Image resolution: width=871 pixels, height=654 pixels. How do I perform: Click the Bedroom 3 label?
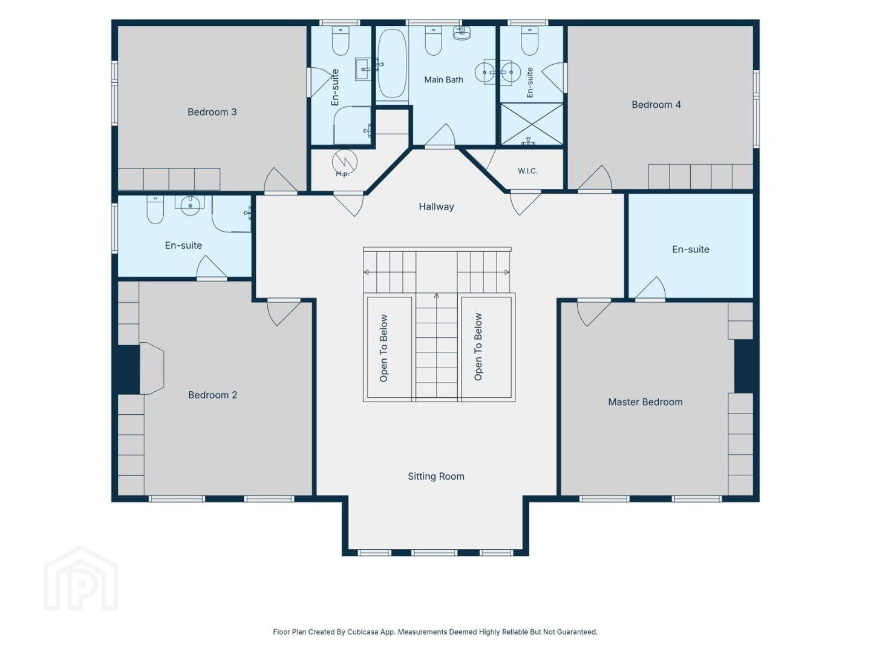coord(212,112)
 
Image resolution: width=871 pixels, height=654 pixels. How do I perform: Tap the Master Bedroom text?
coord(645,402)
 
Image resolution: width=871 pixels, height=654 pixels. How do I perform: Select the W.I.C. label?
coord(527,171)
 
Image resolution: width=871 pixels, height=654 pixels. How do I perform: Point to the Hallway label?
coord(436,206)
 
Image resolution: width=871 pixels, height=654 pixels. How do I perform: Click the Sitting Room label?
coord(435,476)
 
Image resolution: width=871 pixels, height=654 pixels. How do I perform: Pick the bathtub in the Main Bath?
coord(392,63)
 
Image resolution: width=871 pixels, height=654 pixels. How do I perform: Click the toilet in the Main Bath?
coord(433,41)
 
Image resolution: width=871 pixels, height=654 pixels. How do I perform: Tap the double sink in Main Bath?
coord(497,73)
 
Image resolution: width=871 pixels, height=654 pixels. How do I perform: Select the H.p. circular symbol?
coord(344,162)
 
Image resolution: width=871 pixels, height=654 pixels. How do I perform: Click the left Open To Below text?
coord(383,348)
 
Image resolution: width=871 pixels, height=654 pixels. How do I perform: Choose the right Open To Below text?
coord(478,346)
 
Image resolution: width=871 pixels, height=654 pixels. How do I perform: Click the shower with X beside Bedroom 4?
coord(532,124)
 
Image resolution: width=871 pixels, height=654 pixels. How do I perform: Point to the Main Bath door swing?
coord(440,136)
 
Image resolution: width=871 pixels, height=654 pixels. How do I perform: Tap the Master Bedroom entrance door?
coord(593,313)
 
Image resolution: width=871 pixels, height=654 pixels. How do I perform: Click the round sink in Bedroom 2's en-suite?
coord(191,205)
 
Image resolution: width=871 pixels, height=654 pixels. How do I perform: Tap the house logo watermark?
coord(80,578)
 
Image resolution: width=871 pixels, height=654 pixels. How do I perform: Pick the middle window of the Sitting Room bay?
coord(434,552)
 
